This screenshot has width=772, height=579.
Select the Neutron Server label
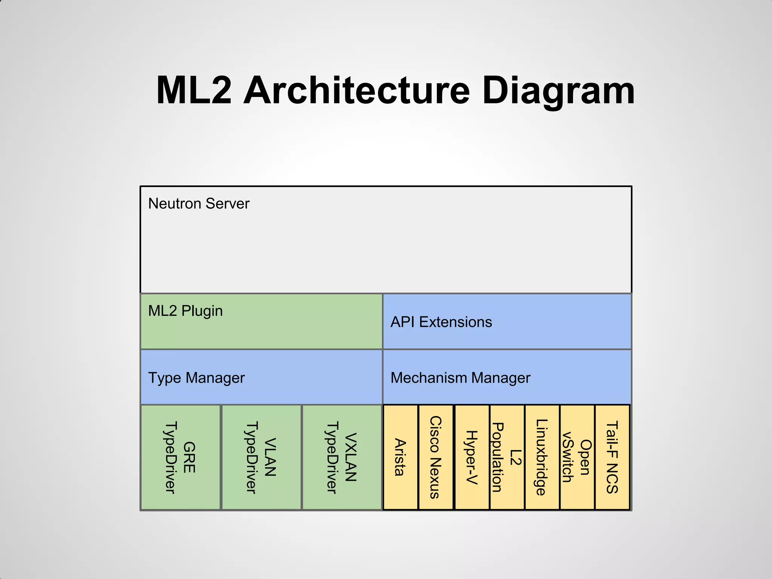pos(199,204)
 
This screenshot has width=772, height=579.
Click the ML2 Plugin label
pos(185,311)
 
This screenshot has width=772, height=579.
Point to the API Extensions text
pos(441,322)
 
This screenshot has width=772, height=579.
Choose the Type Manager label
pos(196,378)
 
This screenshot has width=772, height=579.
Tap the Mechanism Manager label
pos(460,378)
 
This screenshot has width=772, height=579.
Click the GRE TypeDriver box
pos(180,457)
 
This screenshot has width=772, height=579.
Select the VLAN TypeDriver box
pos(261,457)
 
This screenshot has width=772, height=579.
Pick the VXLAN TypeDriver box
pos(342,457)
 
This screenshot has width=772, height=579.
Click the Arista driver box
pos(400,457)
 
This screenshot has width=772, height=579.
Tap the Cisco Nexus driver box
pos(435,457)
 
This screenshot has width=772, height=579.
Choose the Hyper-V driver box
pos(472,457)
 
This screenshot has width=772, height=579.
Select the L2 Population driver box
pos(507,457)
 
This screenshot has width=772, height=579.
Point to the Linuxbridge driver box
pos(542,457)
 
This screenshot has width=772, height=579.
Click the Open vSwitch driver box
pos(577,457)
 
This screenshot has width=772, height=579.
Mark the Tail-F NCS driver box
pos(612,457)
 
